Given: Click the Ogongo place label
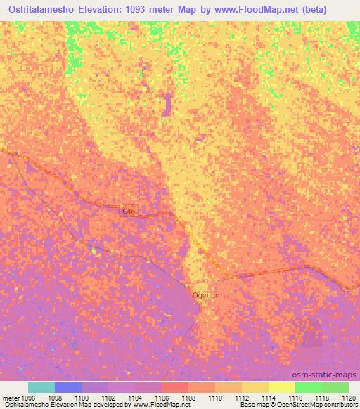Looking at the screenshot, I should pyautogui.click(x=206, y=295).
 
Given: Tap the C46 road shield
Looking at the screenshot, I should pyautogui.click(x=128, y=211).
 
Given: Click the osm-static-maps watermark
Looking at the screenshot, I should pyautogui.click(x=330, y=375).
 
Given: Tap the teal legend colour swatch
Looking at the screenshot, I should pyautogui.click(x=41, y=387).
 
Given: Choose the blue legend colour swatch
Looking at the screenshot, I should pyautogui.click(x=68, y=387).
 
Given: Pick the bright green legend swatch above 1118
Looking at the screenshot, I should pyautogui.click(x=308, y=387).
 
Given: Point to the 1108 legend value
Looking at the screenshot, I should pyautogui.click(x=188, y=397).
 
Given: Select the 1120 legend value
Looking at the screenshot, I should pyautogui.click(x=349, y=397).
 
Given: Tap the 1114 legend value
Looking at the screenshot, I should pyautogui.click(x=269, y=397).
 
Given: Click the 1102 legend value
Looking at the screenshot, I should pyautogui.click(x=108, y=397).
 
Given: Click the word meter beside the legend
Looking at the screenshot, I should pyautogui.click(x=10, y=397).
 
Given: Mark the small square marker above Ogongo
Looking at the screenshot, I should pyautogui.click(x=186, y=285).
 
